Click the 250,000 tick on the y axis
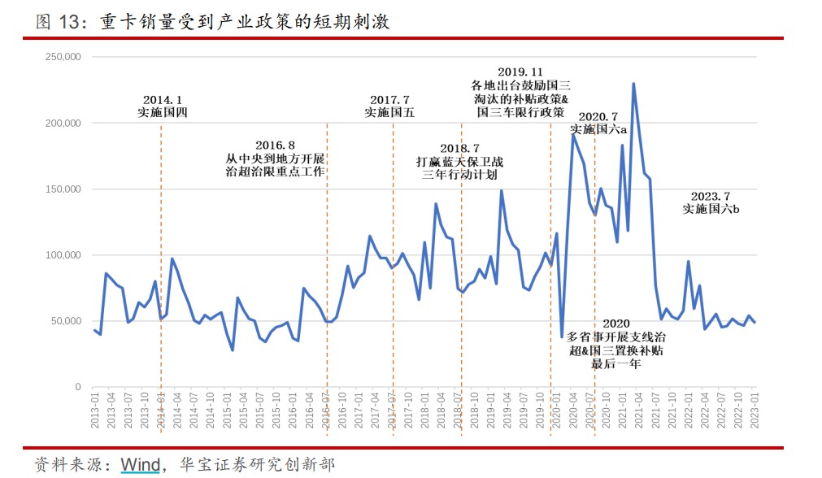tap(62, 57)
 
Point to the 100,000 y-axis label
tap(62, 255)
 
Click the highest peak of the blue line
tap(633, 84)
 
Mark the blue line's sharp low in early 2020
tap(562, 337)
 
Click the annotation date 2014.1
tap(163, 99)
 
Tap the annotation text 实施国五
tap(389, 113)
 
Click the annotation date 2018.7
tap(460, 148)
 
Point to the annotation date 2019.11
tap(520, 72)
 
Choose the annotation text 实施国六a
tap(598, 130)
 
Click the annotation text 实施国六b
tap(711, 209)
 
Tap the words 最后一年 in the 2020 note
tap(615, 363)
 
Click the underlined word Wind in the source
tap(141, 465)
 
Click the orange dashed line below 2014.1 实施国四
tap(161, 244)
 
